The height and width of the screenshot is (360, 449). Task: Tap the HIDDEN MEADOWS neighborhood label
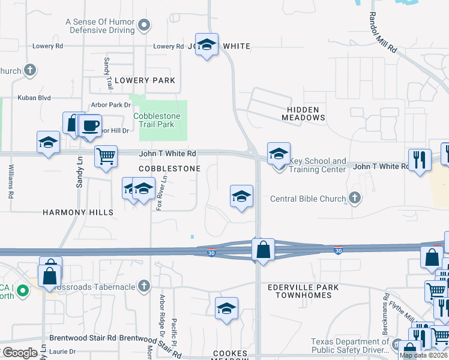click(x=303, y=112)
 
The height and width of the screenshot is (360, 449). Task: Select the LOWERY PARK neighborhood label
click(x=145, y=80)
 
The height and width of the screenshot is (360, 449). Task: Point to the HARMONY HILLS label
click(x=77, y=212)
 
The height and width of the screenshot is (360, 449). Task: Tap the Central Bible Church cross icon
click(x=355, y=197)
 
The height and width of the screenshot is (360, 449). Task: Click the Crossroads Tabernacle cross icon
click(x=143, y=286)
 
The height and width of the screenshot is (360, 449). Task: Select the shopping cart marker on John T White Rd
click(x=106, y=157)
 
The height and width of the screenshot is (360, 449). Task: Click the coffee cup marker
click(x=91, y=125)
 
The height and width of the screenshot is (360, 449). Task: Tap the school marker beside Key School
click(x=279, y=154)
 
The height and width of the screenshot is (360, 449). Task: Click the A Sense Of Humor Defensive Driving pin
click(x=144, y=25)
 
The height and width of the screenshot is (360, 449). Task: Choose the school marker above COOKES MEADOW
click(x=226, y=308)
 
